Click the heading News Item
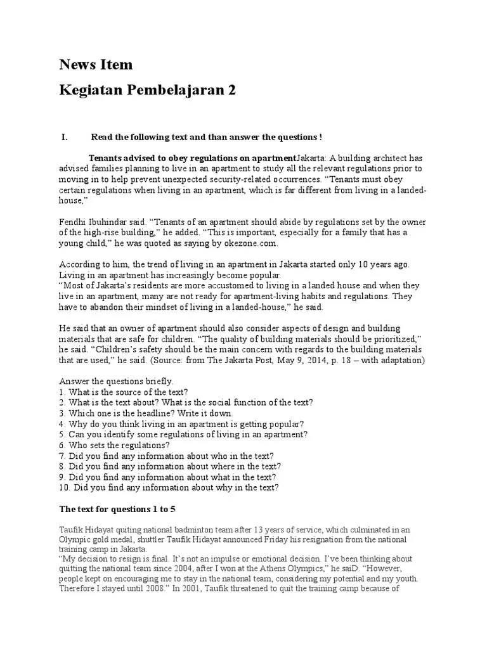96,65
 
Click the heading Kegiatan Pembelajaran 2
147,91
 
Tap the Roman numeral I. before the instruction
63,137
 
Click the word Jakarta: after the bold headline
312,158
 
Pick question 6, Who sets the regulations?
110,445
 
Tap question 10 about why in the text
169,487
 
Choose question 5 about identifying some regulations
183,435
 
